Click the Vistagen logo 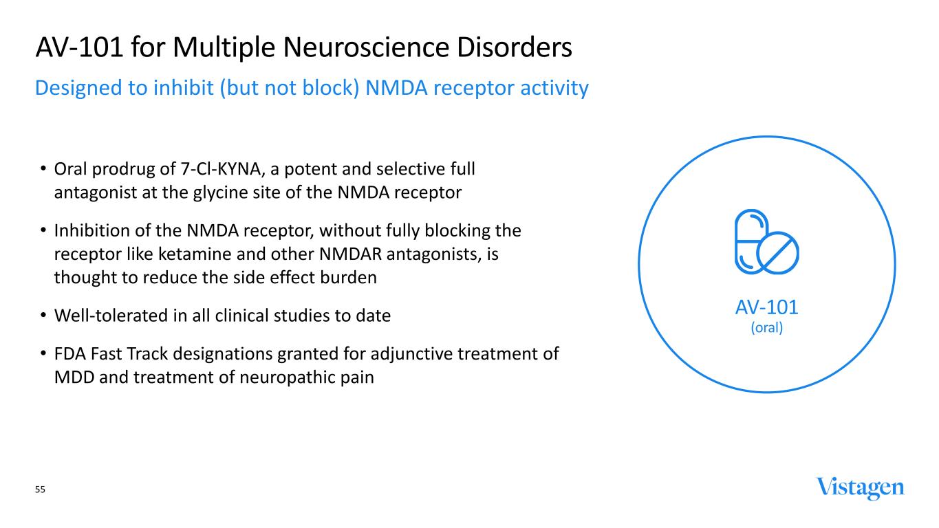860,488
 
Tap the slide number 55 40,489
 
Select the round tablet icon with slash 778,253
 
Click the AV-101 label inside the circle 767,307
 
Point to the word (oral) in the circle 767,327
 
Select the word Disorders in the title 515,47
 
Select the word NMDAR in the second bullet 350,254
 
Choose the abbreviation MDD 74,377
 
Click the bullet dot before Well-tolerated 43,315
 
